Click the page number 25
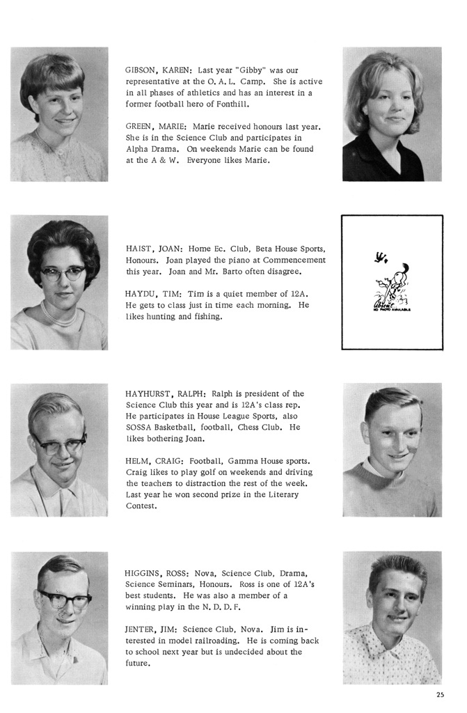[440, 694]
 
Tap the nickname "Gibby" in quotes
[255, 70]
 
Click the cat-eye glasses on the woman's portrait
[62, 274]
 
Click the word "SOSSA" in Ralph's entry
[141, 427]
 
